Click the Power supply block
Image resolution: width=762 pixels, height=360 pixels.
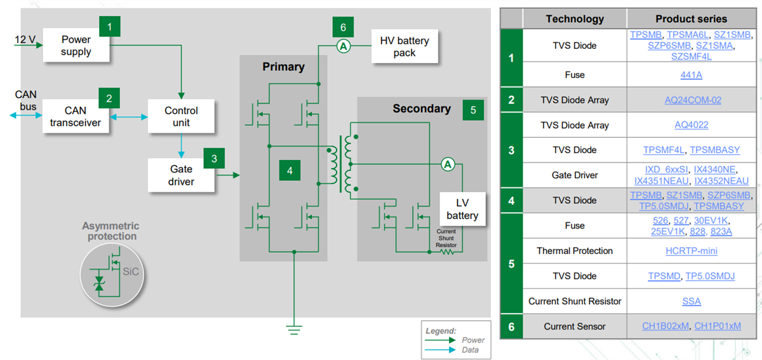76,45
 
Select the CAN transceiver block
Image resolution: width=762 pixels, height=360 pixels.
76,117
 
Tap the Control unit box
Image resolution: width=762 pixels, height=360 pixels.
181,117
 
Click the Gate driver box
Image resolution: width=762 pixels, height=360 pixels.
181,175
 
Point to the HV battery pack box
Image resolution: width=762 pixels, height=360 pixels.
404,46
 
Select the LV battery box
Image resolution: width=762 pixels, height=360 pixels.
462,209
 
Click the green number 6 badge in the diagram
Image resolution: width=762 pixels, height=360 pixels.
343,27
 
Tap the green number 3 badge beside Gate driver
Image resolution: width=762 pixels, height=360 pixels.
214,158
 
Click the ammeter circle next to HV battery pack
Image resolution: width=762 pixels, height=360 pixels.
344,46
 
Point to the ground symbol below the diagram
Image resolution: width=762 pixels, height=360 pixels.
293,329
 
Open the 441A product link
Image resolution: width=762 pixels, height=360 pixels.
691,75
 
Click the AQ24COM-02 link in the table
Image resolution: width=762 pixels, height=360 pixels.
691,100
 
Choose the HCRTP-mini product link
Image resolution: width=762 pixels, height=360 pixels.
691,251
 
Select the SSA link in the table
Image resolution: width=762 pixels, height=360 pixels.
691,301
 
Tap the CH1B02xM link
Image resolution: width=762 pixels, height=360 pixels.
665,326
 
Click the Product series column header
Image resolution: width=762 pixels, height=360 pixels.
691,19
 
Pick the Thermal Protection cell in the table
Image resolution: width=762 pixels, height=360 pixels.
575,251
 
